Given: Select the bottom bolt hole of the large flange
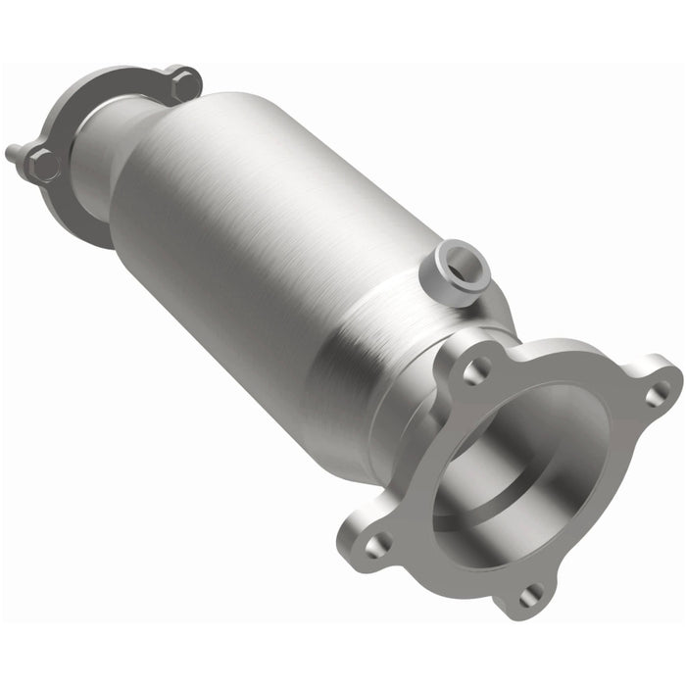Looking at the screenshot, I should pos(531,591).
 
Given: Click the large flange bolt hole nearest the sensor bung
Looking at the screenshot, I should pos(477,371).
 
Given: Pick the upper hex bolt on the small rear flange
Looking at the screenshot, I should pos(182,84).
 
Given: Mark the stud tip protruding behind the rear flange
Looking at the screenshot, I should pos(12,153).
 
